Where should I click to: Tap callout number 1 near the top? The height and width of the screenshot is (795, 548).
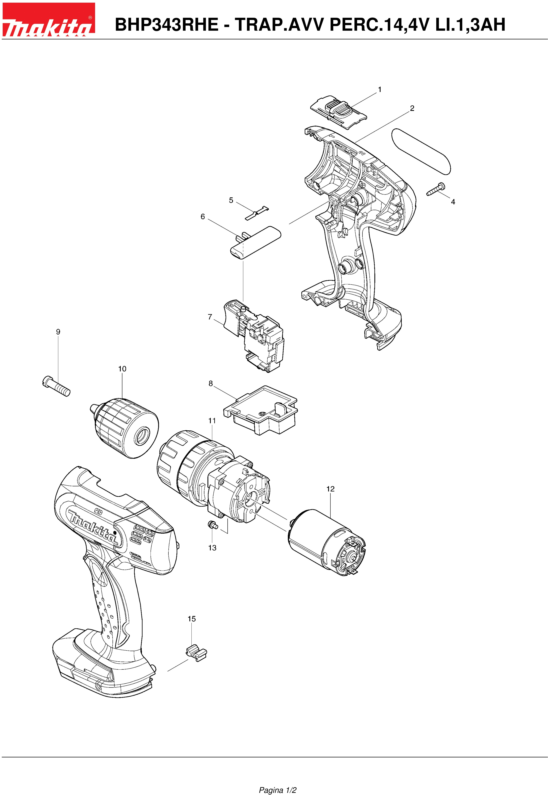click(379, 90)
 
